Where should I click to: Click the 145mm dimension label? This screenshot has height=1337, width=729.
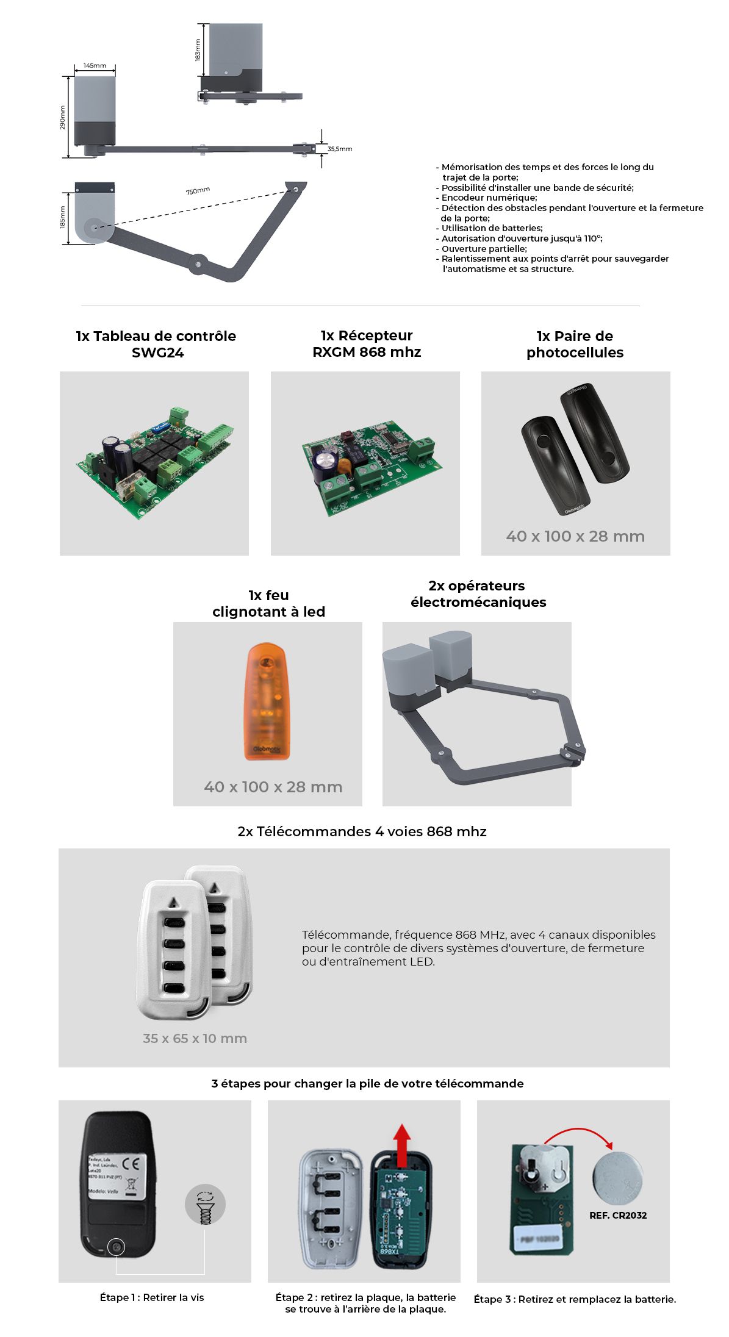[95, 65]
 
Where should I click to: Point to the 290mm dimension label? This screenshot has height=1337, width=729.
[62, 117]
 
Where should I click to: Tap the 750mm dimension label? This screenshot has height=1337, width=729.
[198, 191]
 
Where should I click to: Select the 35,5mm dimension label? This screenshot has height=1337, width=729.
[339, 149]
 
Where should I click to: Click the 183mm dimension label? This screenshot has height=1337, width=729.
[198, 50]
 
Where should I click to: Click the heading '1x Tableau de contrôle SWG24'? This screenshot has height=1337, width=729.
[156, 344]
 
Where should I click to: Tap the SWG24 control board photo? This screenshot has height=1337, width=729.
[154, 462]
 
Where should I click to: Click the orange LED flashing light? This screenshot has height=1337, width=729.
[267, 701]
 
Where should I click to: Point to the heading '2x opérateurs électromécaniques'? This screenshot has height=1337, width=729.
[478, 593]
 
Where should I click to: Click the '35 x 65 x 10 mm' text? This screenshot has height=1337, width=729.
[195, 1038]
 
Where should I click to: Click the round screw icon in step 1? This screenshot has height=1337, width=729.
[205, 1205]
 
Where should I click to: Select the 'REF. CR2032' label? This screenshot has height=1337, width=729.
[617, 1215]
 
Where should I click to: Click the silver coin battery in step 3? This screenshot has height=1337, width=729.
[617, 1177]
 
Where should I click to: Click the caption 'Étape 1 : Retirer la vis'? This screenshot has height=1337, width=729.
[152, 1297]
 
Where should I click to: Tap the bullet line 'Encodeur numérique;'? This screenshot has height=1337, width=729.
[489, 198]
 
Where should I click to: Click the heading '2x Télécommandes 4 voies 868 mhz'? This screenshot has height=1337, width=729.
[362, 831]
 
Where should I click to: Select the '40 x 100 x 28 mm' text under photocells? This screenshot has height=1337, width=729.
[575, 536]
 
